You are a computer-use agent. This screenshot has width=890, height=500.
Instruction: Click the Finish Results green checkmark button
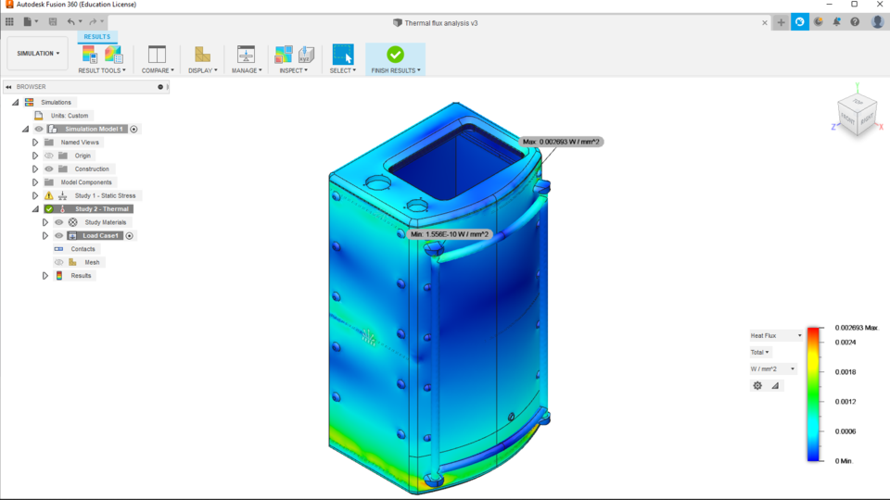click(395, 55)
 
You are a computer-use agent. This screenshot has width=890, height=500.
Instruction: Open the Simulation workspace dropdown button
click(38, 54)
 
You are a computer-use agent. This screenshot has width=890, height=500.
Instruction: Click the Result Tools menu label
click(101, 70)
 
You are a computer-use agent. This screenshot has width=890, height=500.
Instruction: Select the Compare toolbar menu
click(158, 70)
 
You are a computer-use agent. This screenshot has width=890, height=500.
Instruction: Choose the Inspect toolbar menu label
click(294, 70)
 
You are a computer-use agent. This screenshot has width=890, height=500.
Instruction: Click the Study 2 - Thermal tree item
click(102, 209)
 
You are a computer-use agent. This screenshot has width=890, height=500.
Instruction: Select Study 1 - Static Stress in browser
click(105, 196)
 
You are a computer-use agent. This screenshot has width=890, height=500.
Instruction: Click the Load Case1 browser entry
click(101, 236)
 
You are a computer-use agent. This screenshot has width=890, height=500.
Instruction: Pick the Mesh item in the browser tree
click(92, 263)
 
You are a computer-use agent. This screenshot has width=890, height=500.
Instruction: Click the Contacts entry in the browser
click(83, 249)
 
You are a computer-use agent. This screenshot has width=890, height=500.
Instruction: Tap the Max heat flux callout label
click(562, 142)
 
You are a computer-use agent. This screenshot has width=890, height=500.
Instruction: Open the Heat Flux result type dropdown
click(776, 335)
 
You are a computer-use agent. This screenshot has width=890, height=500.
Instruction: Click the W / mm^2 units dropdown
click(773, 369)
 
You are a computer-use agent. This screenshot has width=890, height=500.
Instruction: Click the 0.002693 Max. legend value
click(855, 328)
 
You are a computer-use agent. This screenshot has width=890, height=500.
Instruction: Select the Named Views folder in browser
click(80, 143)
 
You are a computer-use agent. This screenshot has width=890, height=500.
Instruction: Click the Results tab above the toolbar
click(97, 37)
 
